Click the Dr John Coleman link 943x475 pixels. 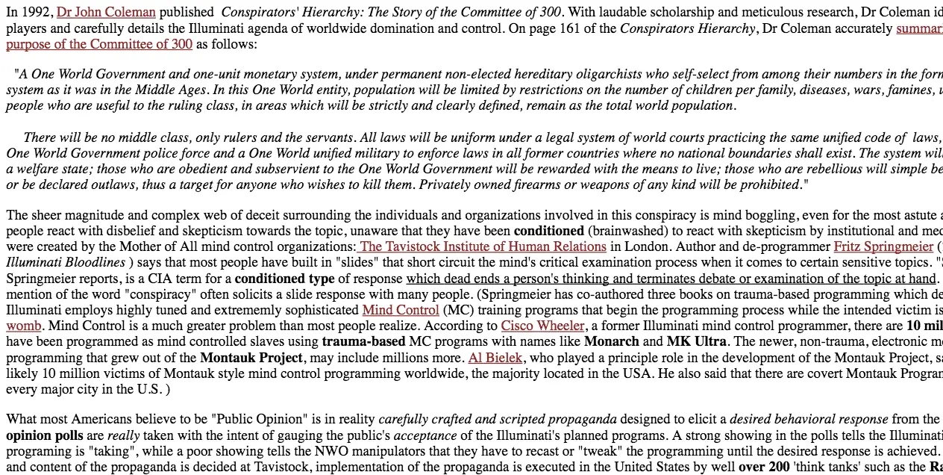(106, 13)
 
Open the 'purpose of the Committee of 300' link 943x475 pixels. (99, 44)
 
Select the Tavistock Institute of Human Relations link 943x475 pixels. (482, 246)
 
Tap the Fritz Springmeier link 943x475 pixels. (883, 246)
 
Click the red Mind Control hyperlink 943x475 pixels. (401, 310)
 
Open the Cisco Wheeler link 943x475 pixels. (542, 326)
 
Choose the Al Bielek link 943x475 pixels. (495, 358)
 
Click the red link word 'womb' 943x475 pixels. (24, 326)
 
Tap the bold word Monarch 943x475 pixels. (611, 341)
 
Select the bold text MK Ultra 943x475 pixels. (698, 341)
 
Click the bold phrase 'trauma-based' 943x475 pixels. (363, 341)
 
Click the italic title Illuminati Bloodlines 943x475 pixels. (66, 262)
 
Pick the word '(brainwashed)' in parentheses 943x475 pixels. (627, 231)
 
